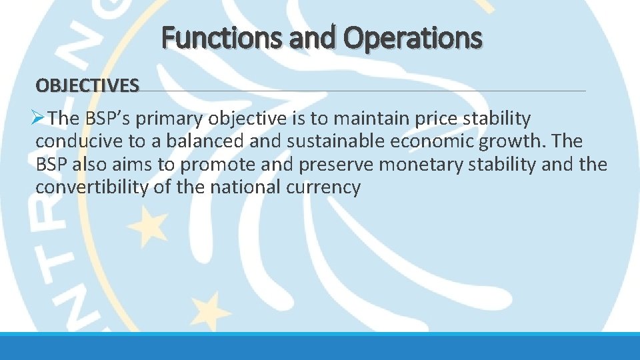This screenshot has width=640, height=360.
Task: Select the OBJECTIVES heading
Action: [x=87, y=85]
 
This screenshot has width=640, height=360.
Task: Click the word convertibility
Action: [x=92, y=187]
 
